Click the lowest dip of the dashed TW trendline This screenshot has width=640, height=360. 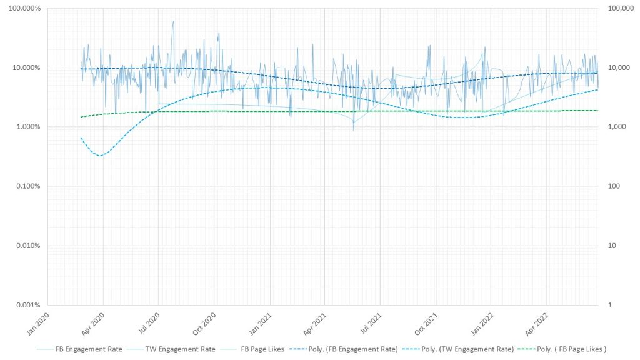tap(100, 155)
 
